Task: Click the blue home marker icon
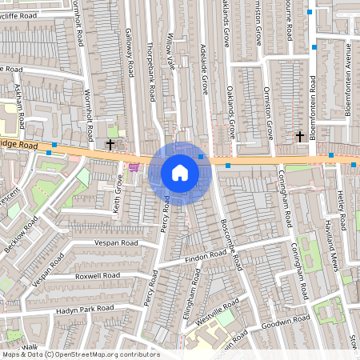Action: [x=180, y=173]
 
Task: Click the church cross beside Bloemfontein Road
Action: [x=299, y=137]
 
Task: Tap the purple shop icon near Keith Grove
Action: [x=134, y=167]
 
